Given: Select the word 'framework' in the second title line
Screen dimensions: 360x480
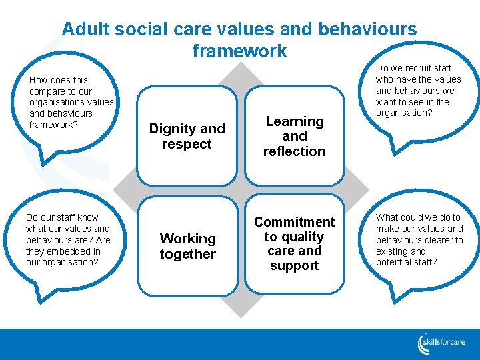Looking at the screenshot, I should tap(239, 51).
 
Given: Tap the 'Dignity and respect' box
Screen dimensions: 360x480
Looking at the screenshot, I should tap(187, 136).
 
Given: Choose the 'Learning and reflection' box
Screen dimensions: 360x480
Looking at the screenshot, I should tap(294, 136).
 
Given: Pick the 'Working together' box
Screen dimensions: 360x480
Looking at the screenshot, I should tap(187, 246).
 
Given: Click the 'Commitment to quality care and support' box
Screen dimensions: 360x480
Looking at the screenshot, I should tap(294, 243).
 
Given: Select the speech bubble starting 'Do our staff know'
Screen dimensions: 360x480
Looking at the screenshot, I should tap(67, 239).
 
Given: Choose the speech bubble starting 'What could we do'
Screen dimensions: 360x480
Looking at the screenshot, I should tap(419, 239).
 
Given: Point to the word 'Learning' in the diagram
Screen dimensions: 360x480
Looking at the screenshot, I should tap(294, 121).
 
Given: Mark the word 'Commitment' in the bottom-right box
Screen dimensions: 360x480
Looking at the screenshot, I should tap(294, 222).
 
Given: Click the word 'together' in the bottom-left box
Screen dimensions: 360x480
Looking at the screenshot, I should tap(187, 254).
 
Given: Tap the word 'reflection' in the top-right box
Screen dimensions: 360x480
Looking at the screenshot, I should tap(294, 151).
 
